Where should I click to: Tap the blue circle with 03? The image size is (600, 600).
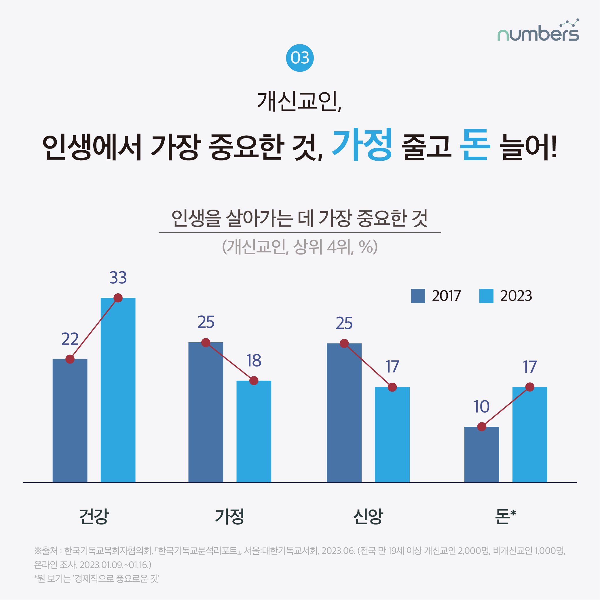pos(300,58)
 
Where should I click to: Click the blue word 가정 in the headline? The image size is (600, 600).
pos(362,145)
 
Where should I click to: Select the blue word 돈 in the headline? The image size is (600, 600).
pos(475,145)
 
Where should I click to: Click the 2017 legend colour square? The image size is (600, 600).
pos(418,296)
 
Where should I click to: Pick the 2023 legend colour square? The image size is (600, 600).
pos(486,296)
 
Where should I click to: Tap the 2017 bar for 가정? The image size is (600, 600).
pos(206,413)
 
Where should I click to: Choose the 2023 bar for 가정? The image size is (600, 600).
pos(254,432)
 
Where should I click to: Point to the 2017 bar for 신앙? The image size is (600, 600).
pos(344,413)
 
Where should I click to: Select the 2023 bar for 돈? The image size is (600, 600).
pos(529,435)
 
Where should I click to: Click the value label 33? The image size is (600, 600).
pos(118,278)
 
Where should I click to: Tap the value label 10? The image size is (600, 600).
pos(481,407)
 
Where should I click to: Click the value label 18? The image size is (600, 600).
pos(254,360)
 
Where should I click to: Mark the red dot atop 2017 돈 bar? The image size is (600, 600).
pos(482,427)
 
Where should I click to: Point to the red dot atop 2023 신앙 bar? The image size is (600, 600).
pos(392,387)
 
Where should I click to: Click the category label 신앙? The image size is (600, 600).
pos(368,517)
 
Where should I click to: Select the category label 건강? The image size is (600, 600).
pos(94,517)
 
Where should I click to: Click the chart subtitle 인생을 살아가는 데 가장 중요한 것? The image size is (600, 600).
pos(300,218)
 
